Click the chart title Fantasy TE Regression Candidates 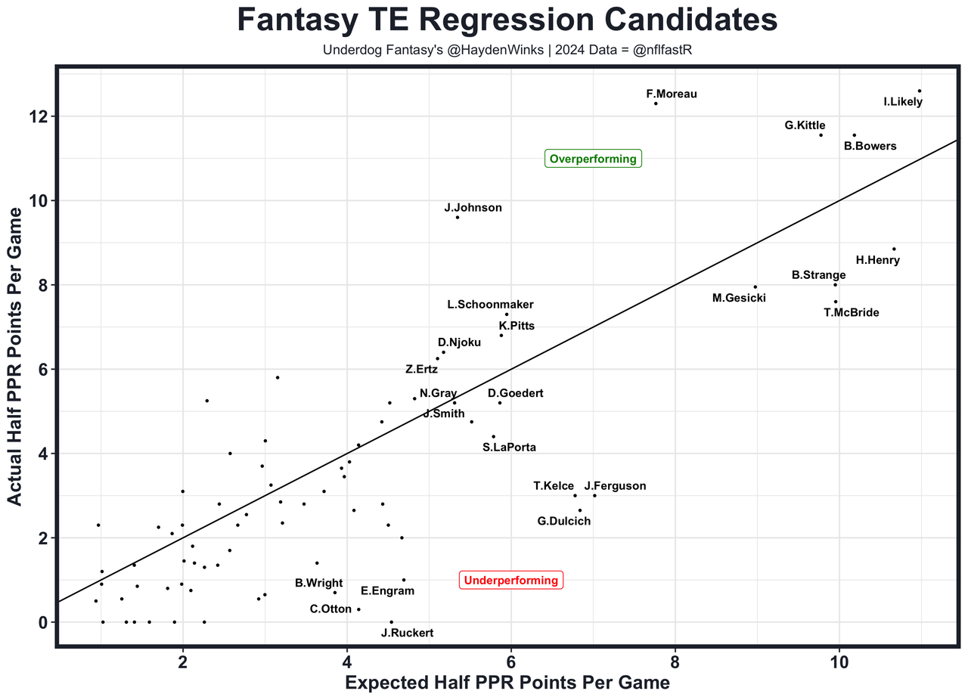(x=507, y=20)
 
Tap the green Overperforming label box (x=594, y=159)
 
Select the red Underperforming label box (x=510, y=581)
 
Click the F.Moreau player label (x=672, y=94)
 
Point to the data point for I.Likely (x=919, y=91)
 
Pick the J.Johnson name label (x=473, y=208)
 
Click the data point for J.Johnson (x=458, y=218)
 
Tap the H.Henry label (x=877, y=260)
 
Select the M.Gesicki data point (x=755, y=287)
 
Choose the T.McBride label (x=851, y=312)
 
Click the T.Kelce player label (x=554, y=486)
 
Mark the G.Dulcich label (x=563, y=521)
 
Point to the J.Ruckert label (x=407, y=633)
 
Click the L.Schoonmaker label (x=490, y=305)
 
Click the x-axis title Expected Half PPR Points (x=507, y=683)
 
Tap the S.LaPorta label (x=509, y=448)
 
